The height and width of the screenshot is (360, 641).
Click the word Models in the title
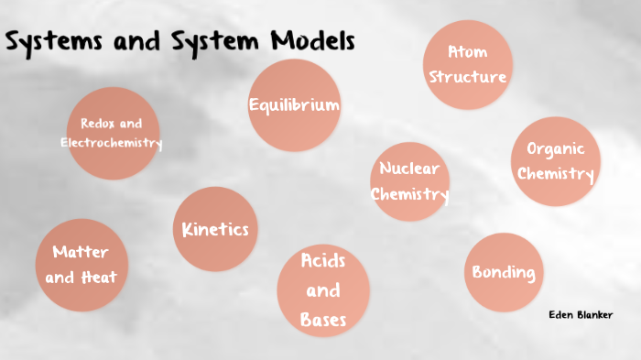pos(312,42)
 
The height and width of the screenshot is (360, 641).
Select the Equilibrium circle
pos(294,105)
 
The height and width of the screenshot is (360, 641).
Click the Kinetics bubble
pos(215,230)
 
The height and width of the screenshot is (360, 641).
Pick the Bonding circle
pos(503,272)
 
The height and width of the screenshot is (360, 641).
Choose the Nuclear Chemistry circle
pos(409,181)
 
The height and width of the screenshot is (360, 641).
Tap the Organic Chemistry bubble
pos(555,161)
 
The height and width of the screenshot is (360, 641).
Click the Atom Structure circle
pos(468,64)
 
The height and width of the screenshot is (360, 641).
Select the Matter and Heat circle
pos(81,264)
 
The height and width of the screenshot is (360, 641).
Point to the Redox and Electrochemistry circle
pos(112,133)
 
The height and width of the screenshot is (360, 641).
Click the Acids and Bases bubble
pos(323,289)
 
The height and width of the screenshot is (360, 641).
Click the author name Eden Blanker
pos(581,315)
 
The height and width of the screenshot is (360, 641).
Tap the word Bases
pos(323,320)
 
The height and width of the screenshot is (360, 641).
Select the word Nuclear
pos(409,169)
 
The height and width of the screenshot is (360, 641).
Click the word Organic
pos(555,149)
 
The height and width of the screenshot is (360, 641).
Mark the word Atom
pos(468,51)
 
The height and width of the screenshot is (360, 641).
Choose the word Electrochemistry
pos(112,143)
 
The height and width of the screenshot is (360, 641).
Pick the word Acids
pos(323,261)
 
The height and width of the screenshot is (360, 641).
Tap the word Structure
pos(468,76)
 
